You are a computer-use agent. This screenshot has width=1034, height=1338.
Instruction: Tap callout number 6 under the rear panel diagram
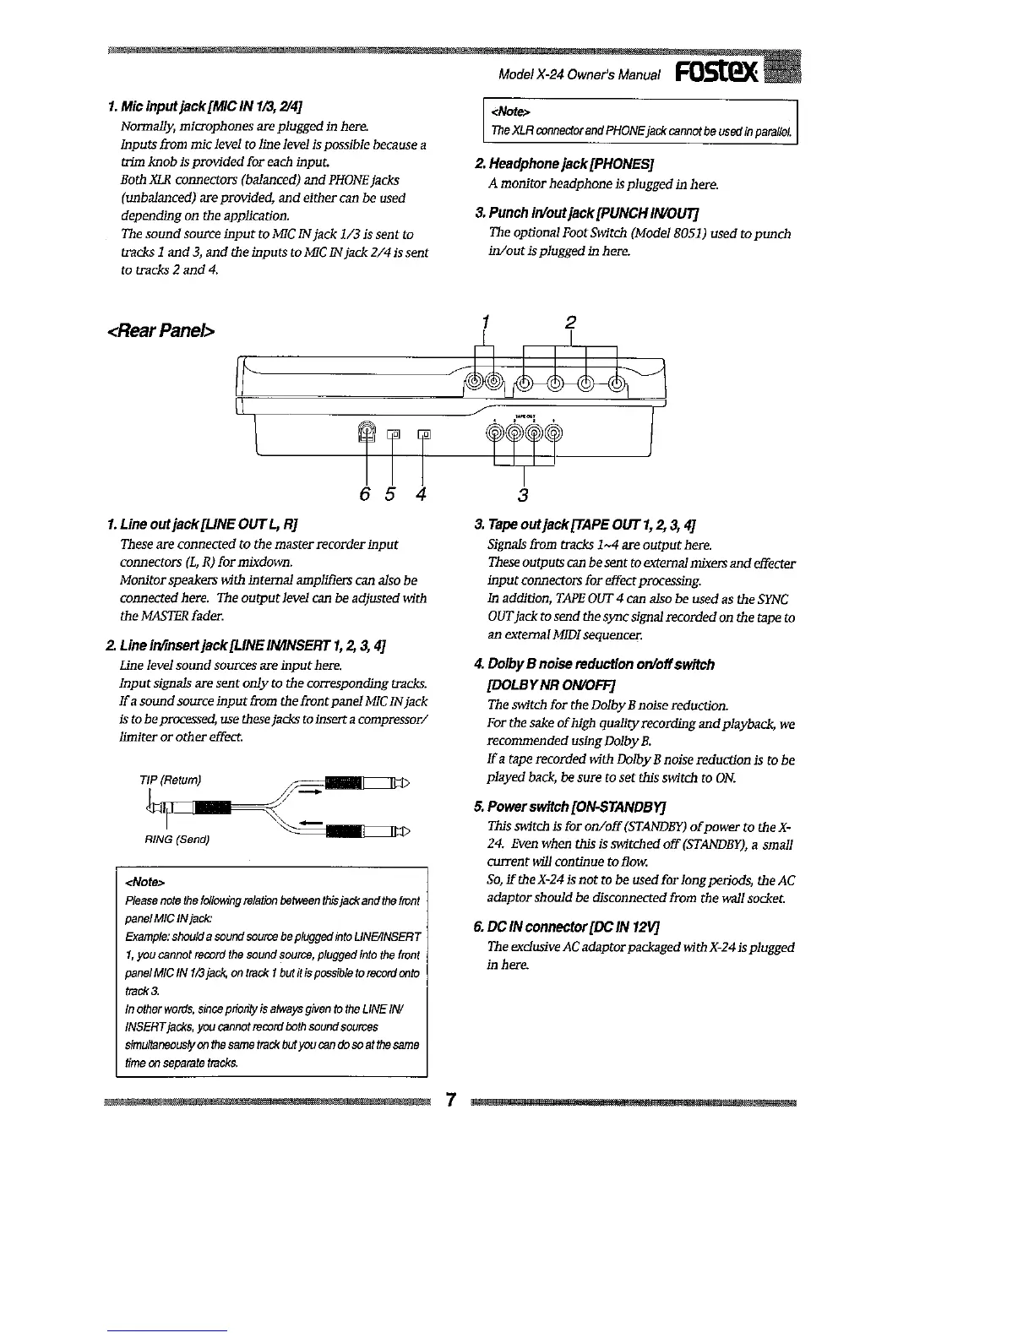pos(365,494)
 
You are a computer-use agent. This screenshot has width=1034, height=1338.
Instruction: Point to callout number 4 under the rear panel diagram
pos(421,494)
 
